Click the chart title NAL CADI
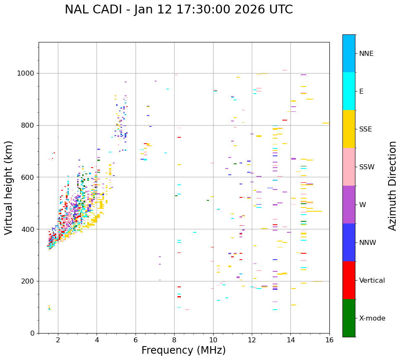point(179,10)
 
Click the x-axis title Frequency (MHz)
point(183,350)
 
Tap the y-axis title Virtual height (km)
point(9,188)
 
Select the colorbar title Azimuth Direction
point(392,186)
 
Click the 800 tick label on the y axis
point(28,125)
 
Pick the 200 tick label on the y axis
point(28,281)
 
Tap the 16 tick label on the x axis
point(329,340)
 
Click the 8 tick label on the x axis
point(174,340)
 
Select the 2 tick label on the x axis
point(58,340)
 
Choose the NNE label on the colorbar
point(366,54)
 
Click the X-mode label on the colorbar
point(372,318)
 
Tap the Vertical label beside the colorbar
point(372,281)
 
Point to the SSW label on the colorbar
point(367,167)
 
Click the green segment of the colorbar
point(349,318)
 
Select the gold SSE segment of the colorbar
point(349,129)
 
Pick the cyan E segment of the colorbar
point(349,91)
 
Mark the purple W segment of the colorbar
point(349,205)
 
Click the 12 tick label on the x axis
point(252,340)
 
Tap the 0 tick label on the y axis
point(32,333)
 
